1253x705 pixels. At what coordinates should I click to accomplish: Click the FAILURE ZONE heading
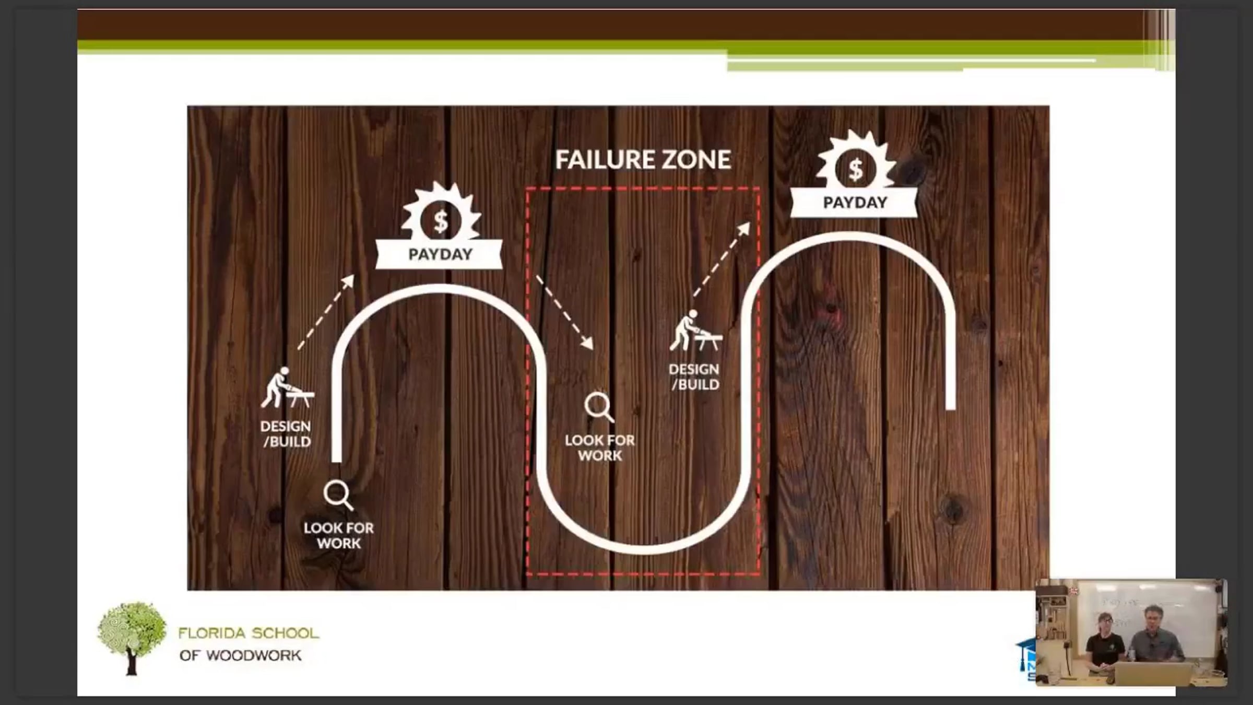[643, 160]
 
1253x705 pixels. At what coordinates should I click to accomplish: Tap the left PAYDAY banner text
[440, 254]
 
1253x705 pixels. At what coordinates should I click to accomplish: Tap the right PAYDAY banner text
[855, 203]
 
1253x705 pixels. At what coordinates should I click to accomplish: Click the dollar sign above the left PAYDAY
[441, 221]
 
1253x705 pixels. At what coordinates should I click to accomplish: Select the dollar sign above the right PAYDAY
[855, 169]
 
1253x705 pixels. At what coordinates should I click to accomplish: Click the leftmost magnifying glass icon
[338, 495]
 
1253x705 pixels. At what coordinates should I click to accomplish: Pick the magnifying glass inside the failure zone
[599, 407]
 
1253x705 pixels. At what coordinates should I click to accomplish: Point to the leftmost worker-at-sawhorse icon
[287, 387]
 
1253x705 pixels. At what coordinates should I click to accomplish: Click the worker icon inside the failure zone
[696, 331]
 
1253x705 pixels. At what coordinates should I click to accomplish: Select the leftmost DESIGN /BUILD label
[286, 434]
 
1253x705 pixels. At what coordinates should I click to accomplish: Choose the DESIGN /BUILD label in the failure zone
[694, 377]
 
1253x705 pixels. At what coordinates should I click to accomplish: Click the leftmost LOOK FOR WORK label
[339, 535]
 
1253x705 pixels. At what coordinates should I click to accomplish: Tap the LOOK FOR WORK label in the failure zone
[600, 448]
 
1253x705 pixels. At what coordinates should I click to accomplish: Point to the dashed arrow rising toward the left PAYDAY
[326, 312]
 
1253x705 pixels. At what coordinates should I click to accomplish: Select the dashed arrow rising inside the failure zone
[722, 260]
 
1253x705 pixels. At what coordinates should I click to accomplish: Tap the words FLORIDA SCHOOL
[249, 633]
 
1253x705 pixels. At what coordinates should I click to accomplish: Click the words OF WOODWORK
[240, 655]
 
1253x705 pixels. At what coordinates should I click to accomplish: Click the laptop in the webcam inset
[1154, 674]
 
